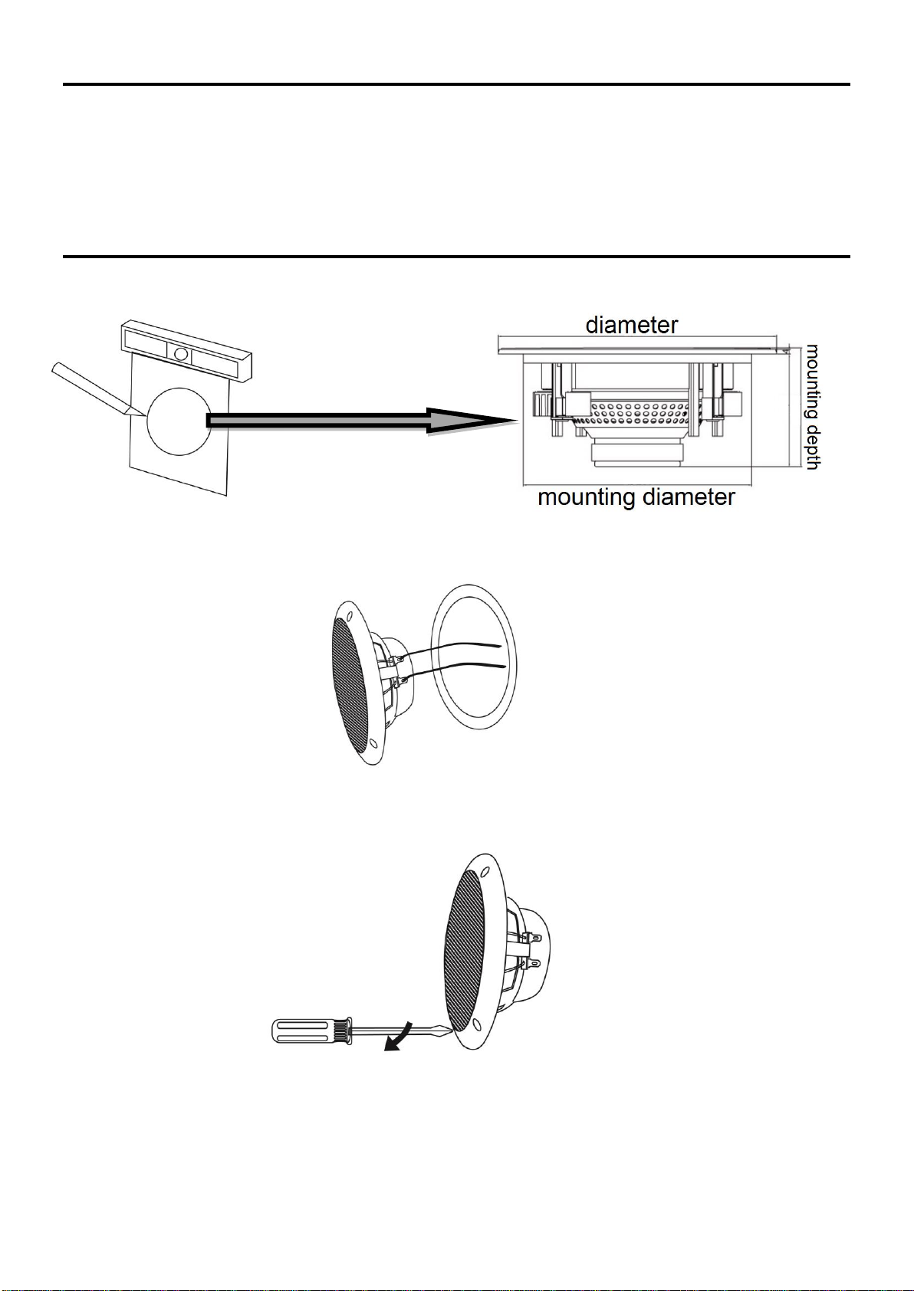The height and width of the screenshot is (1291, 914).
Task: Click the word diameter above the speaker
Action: [631, 325]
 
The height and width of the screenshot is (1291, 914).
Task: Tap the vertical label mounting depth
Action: [813, 407]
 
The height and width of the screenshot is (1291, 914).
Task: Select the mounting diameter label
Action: [636, 496]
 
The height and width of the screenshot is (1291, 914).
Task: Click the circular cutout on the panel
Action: [179, 421]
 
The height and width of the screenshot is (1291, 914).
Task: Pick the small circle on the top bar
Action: [180, 353]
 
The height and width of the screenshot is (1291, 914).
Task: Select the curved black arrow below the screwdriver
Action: [399, 1037]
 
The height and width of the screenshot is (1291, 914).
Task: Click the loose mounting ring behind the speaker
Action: [474, 657]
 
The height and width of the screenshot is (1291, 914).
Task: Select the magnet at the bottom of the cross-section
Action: [637, 453]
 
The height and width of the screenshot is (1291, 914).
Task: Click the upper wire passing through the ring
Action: [455, 650]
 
